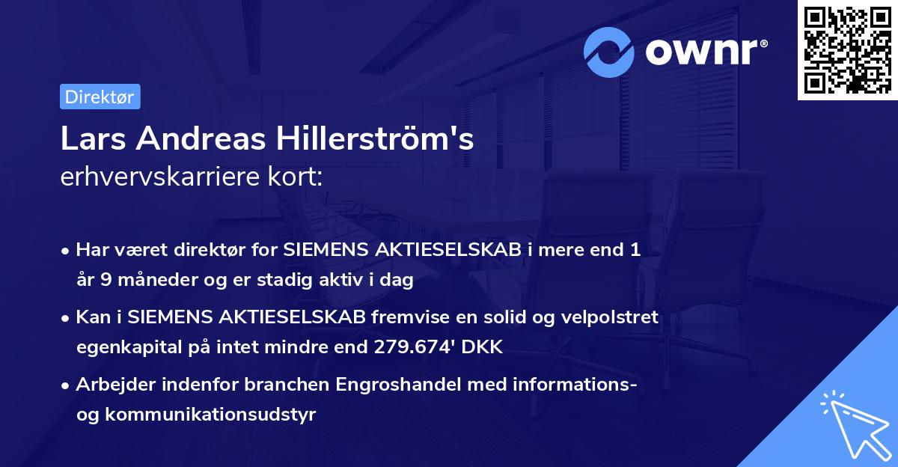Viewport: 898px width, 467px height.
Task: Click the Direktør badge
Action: (100, 97)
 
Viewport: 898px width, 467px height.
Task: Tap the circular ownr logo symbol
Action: (609, 52)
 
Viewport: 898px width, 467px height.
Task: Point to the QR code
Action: (847, 50)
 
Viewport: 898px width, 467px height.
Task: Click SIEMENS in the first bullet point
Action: (325, 251)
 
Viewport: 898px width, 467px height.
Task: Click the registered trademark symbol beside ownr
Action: (763, 44)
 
